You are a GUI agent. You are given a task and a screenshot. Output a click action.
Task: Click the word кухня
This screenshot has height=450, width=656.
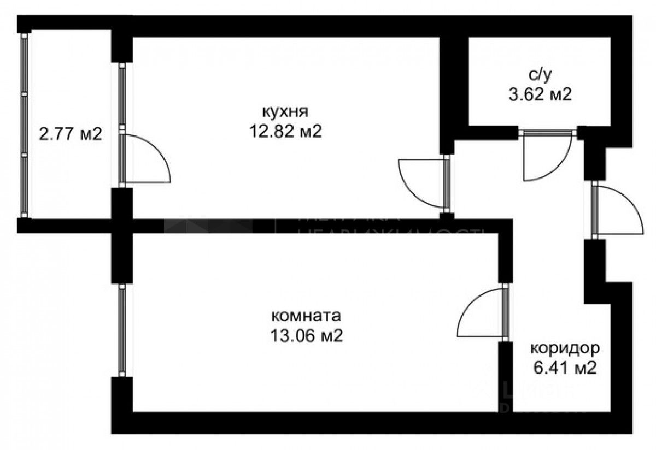tap(285, 112)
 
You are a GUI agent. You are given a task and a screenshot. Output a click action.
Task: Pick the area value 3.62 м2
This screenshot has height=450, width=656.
tap(539, 95)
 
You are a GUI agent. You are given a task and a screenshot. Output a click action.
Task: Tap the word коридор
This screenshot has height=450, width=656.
tap(565, 348)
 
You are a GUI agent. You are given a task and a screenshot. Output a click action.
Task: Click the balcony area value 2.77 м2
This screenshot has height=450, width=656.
tap(71, 133)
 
